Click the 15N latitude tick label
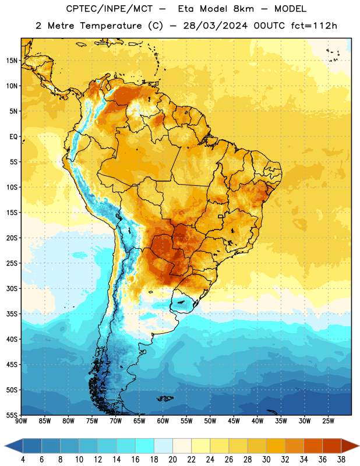tap(12, 61)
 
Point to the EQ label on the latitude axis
tap(13, 137)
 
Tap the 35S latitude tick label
tap(12, 314)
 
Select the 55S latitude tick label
tap(12, 415)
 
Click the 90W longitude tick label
tap(21, 421)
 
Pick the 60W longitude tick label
tap(163, 421)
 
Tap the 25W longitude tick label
tap(328, 421)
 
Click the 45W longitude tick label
tap(234, 421)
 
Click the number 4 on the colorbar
tap(23, 460)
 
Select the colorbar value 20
tap(172, 460)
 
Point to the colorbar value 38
tap(341, 460)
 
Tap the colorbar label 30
tap(266, 460)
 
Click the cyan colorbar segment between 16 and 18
tap(144, 446)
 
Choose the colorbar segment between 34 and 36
tap(313, 446)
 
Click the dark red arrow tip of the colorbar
tap(358, 446)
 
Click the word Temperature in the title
tap(111, 26)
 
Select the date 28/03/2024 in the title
tap(215, 26)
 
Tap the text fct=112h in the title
tap(314, 26)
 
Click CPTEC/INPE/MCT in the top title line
tap(109, 9)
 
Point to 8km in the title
tap(243, 9)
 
